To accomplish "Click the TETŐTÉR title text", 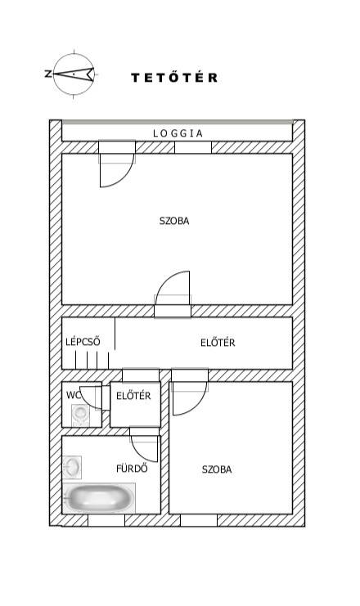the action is coord(174,78).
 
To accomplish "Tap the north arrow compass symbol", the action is coord(74,74).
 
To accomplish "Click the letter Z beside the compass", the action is coord(48,74).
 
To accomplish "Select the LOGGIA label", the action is coord(178,133).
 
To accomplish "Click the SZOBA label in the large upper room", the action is coord(174,221).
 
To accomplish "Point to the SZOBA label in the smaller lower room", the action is coord(217,469).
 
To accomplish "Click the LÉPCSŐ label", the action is coord(83,341).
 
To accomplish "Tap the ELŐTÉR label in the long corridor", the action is coord(218,342).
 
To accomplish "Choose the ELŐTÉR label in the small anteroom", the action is coord(133,395).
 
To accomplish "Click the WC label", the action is coord(73,395).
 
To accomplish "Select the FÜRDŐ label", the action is coord(132,468).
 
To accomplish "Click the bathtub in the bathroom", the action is coord(99,498).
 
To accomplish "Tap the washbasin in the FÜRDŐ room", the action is coord(72,467).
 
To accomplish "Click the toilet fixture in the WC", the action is coord(80,415).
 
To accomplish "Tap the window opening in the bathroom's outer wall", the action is coord(106,520).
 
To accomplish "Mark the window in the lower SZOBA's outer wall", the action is coord(199,520).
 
